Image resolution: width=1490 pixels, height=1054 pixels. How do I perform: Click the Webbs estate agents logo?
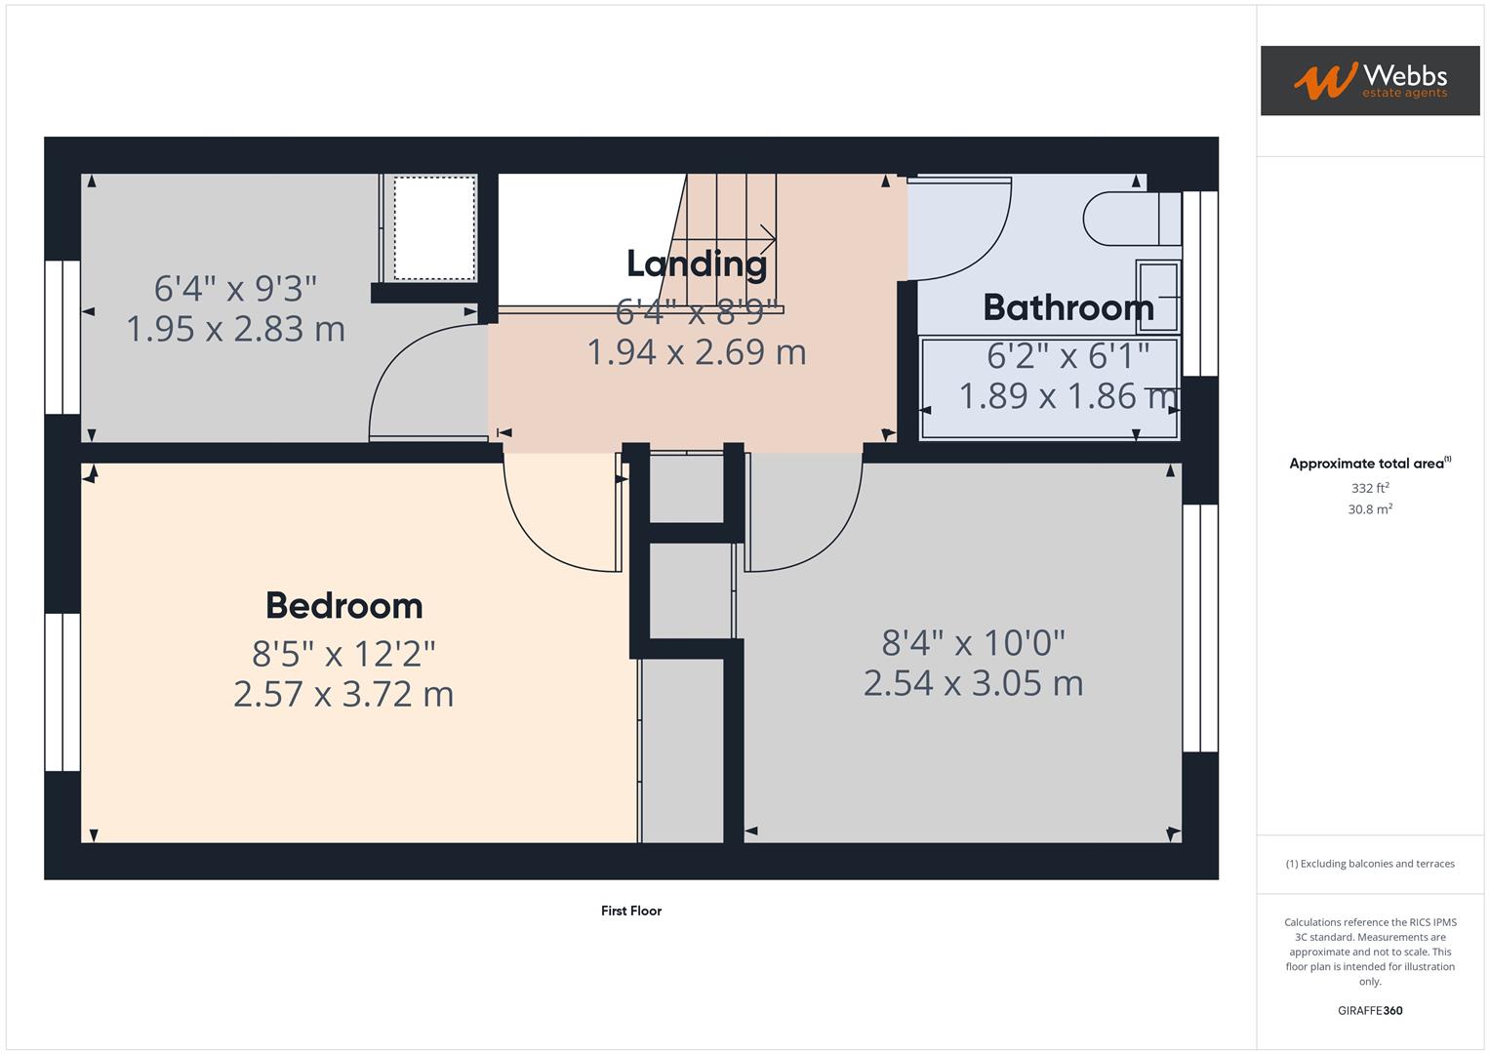(1369, 81)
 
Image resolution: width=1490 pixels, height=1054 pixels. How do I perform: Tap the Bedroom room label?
(343, 606)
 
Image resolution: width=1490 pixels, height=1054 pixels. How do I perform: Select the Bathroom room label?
(1068, 308)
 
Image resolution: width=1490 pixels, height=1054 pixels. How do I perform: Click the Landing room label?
(696, 263)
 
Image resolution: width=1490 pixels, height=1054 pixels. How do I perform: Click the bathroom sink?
(1157, 296)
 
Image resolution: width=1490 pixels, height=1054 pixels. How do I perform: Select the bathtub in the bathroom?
(1049, 387)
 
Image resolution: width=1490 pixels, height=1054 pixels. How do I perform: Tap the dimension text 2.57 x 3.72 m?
(343, 694)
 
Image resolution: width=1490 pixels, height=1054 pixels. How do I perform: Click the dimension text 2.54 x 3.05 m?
(973, 683)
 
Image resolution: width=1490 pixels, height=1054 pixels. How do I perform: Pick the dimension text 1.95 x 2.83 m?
(235, 329)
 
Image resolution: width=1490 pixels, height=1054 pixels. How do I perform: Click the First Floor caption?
(631, 911)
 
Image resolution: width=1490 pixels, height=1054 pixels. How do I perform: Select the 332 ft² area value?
(1369, 488)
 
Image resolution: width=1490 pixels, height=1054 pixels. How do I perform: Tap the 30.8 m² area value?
(1369, 509)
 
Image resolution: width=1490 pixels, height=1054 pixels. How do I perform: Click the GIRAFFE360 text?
(1369, 1011)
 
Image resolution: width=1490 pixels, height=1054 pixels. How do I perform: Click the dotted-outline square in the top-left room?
(434, 228)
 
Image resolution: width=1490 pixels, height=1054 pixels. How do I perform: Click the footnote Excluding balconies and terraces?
(1369, 864)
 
